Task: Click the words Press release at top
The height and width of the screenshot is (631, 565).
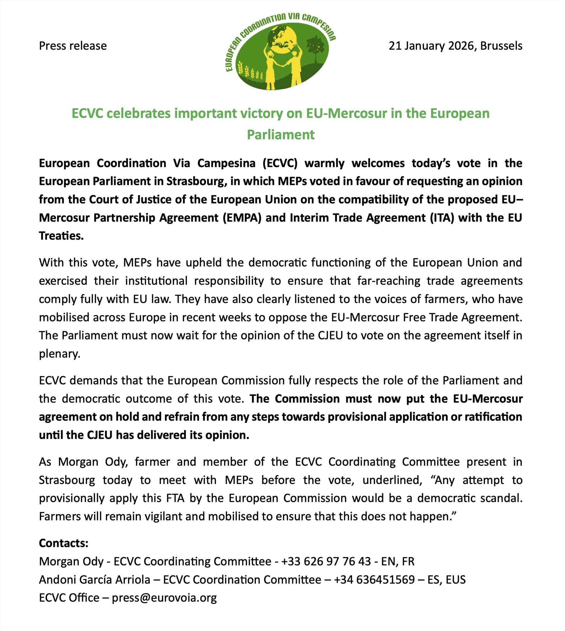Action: click(x=73, y=46)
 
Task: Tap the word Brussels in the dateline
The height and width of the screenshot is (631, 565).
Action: click(x=501, y=46)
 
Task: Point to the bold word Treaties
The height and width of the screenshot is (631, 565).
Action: click(x=61, y=236)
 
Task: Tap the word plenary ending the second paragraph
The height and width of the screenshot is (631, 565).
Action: click(x=59, y=354)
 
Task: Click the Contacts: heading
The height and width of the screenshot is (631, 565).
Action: click(x=64, y=543)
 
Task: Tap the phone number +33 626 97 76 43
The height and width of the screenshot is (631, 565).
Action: click(x=326, y=561)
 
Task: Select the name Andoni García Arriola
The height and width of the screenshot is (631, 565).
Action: click(x=94, y=580)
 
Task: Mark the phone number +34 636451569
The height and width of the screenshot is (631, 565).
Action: click(x=374, y=580)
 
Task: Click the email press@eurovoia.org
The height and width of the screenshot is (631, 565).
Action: click(x=164, y=598)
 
